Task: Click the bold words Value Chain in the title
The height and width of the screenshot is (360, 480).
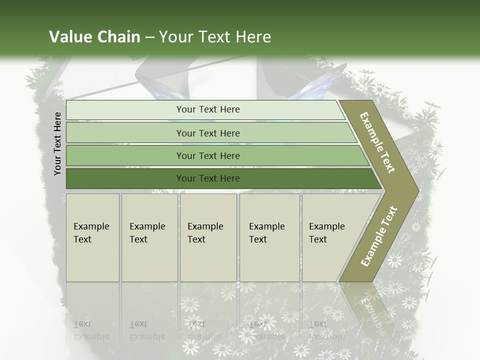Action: pos(94,37)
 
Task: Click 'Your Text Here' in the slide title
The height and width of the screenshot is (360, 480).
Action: pos(215,37)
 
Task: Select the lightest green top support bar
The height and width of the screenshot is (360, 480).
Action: pos(125,110)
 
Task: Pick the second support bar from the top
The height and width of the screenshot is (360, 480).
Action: pos(125,133)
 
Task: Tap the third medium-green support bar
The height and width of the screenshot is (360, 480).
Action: pos(125,155)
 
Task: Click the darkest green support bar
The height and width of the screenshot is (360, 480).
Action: pos(125,178)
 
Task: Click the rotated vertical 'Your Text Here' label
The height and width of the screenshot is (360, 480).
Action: pos(57,143)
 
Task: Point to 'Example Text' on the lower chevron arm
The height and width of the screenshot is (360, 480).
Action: pos(379,236)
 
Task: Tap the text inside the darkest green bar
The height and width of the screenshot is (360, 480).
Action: pos(208,178)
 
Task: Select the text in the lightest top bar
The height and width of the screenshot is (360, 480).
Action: pos(208,109)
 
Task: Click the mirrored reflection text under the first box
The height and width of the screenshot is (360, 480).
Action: pos(91,330)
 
